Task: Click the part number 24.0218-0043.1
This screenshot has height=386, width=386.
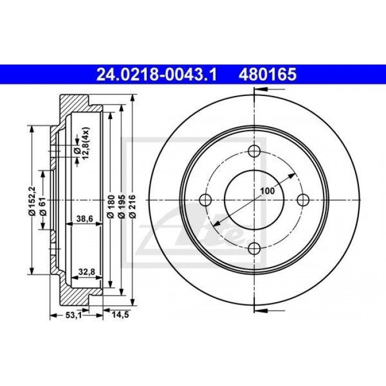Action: (157, 74)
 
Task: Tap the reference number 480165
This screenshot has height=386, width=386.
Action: (267, 74)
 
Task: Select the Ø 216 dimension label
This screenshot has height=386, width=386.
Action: (133, 206)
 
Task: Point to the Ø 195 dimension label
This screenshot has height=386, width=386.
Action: (122, 206)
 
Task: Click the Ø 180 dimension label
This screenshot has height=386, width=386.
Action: (111, 206)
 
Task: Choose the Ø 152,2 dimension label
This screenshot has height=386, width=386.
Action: (32, 201)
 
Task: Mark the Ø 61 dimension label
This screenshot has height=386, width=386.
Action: (43, 206)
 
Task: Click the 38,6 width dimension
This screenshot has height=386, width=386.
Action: (84, 218)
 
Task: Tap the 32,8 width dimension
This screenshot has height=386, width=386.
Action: (87, 272)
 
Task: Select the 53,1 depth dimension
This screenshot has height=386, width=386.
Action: (73, 315)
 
